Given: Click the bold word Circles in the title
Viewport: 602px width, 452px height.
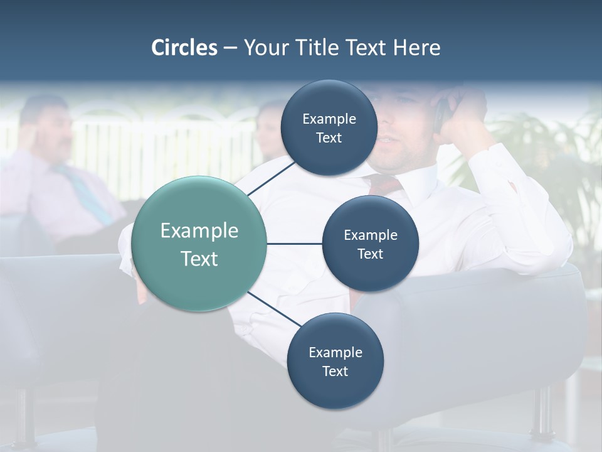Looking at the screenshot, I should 184,48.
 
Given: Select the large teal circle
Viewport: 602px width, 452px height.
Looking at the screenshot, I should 199,244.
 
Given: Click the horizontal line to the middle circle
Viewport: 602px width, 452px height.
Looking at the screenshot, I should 294,244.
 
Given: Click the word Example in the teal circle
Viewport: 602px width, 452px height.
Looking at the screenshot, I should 199,231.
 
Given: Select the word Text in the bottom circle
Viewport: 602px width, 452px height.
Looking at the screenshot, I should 335,372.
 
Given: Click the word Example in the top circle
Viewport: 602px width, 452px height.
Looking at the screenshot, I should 329,119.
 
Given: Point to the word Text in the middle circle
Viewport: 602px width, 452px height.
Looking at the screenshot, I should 370,254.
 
